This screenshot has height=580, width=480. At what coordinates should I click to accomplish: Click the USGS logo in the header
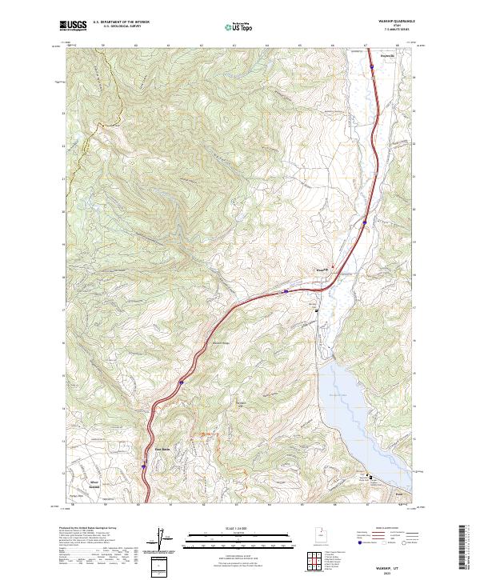(73, 26)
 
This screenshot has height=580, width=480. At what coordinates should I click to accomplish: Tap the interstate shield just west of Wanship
(285, 292)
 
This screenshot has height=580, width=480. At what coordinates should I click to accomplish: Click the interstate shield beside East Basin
(144, 464)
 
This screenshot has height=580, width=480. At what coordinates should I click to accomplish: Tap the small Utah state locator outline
(322, 531)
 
